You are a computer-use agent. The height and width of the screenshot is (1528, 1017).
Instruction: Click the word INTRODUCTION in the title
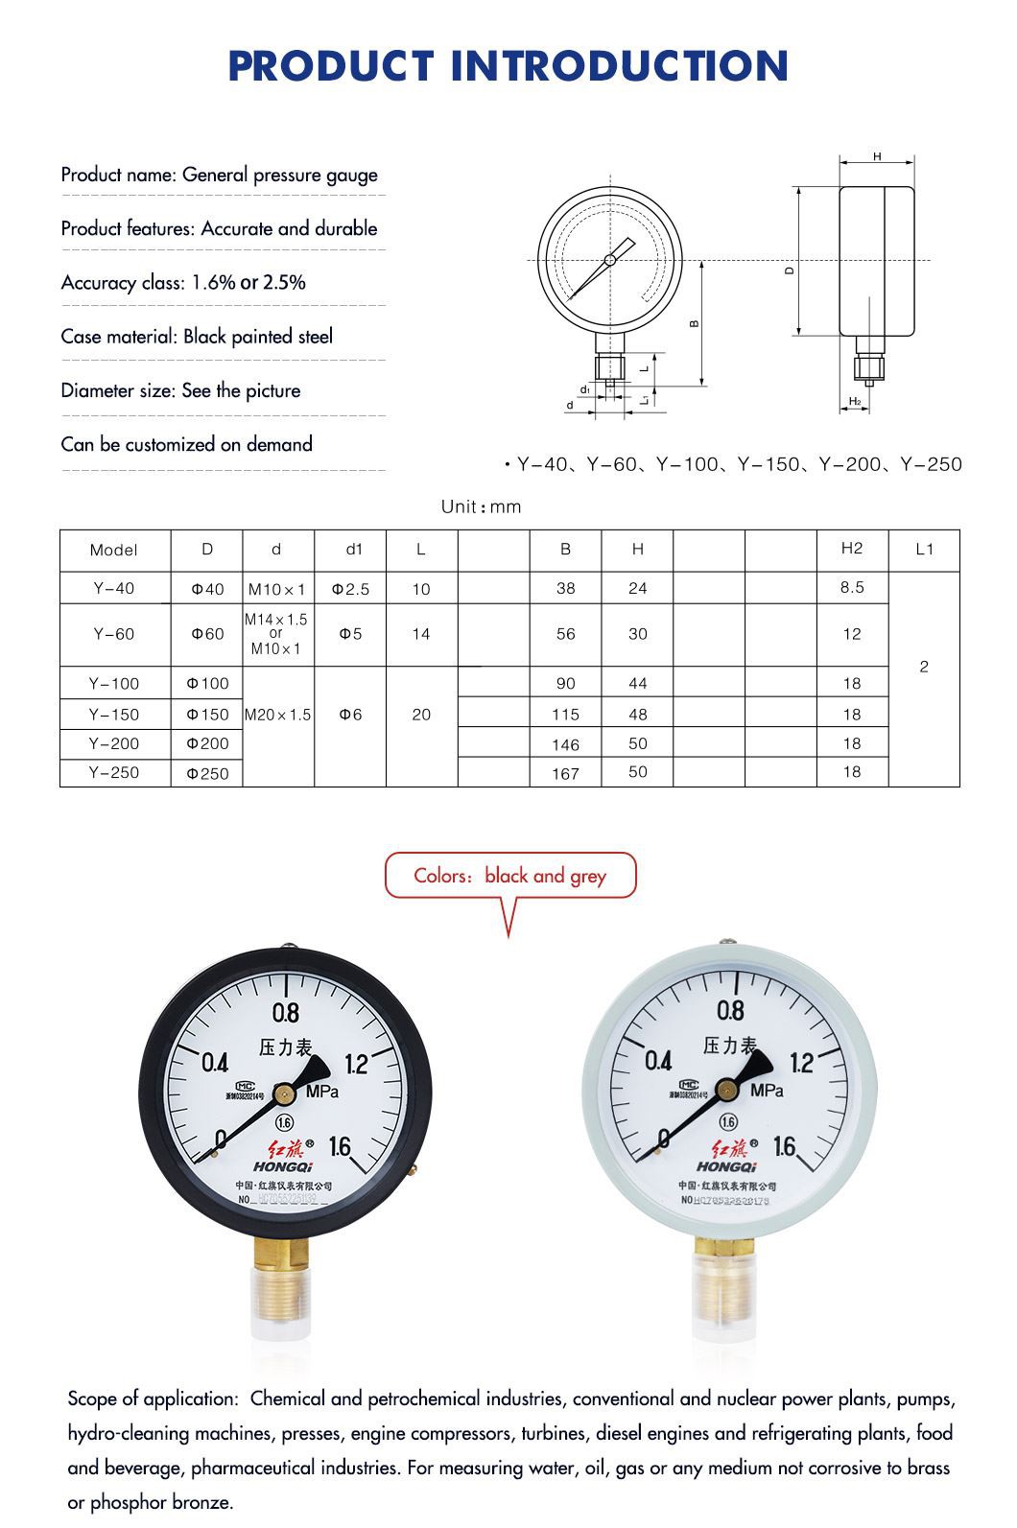(619, 65)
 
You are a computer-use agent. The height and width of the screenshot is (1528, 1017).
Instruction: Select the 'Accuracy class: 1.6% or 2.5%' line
(183, 282)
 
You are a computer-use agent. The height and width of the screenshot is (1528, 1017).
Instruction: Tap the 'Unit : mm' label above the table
(481, 506)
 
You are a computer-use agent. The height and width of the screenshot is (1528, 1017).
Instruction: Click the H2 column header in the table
(852, 548)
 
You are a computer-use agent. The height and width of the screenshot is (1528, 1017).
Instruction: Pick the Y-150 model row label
(114, 715)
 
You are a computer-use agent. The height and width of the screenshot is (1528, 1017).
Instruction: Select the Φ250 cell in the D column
(207, 773)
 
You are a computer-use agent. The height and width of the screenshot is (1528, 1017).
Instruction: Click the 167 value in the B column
(566, 773)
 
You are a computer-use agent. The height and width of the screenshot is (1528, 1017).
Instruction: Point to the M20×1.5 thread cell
(278, 715)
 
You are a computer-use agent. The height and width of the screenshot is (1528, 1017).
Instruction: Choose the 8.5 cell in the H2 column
(852, 587)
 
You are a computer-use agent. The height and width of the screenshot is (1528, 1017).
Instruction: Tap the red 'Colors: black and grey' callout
(509, 876)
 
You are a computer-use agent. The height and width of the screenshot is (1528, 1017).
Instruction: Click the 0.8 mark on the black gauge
(286, 1013)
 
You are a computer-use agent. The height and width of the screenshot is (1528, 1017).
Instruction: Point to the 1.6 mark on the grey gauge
(784, 1146)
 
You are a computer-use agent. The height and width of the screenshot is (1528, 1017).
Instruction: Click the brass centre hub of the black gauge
(284, 1092)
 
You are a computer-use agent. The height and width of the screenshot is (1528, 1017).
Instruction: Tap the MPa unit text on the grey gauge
(767, 1091)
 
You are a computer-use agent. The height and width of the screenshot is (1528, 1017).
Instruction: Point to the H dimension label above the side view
(877, 156)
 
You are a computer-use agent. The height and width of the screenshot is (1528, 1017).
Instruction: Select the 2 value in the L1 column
(924, 667)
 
